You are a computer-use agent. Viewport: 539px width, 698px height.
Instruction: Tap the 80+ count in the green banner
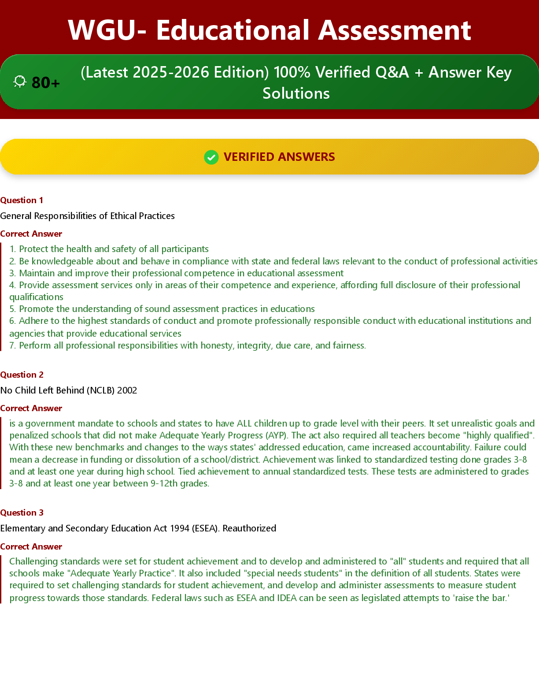pyautogui.click(x=46, y=82)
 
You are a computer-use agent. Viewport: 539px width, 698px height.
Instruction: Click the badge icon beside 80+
pyautogui.click(x=20, y=82)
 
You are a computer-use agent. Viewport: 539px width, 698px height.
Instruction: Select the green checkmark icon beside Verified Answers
pyautogui.click(x=211, y=157)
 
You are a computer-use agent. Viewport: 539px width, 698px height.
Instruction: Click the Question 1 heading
pyautogui.click(x=22, y=200)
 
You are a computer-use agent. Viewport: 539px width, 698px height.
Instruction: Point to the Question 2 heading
pyautogui.click(x=22, y=375)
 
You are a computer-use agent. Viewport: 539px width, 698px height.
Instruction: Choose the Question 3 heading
pyautogui.click(x=22, y=512)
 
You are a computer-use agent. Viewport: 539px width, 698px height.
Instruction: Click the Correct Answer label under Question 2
pyautogui.click(x=31, y=408)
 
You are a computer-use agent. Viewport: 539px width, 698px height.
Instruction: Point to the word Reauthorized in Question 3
pyautogui.click(x=249, y=528)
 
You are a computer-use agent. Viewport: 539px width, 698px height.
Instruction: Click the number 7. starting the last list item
pyautogui.click(x=13, y=345)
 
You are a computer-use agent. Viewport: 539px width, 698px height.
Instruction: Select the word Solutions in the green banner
pyautogui.click(x=296, y=93)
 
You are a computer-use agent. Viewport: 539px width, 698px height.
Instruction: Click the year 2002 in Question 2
pyautogui.click(x=127, y=390)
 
